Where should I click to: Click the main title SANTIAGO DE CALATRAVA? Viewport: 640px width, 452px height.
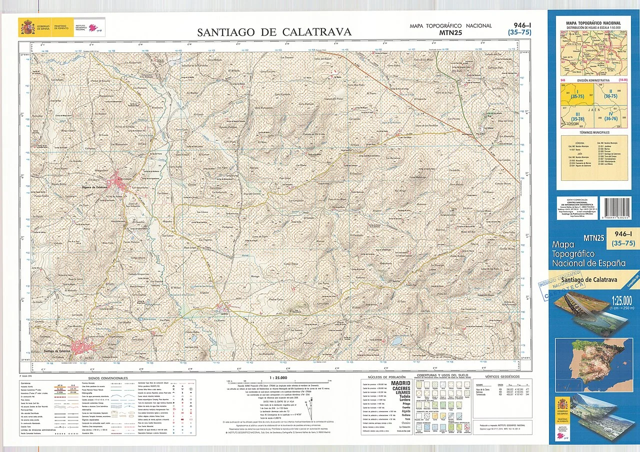click(274, 32)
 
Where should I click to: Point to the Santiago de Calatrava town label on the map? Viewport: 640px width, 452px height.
click(57, 352)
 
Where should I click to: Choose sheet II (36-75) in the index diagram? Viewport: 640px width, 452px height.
click(610, 94)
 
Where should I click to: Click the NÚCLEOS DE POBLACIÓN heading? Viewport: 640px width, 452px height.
click(386, 377)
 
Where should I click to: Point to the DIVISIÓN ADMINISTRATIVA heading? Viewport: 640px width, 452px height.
click(593, 80)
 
